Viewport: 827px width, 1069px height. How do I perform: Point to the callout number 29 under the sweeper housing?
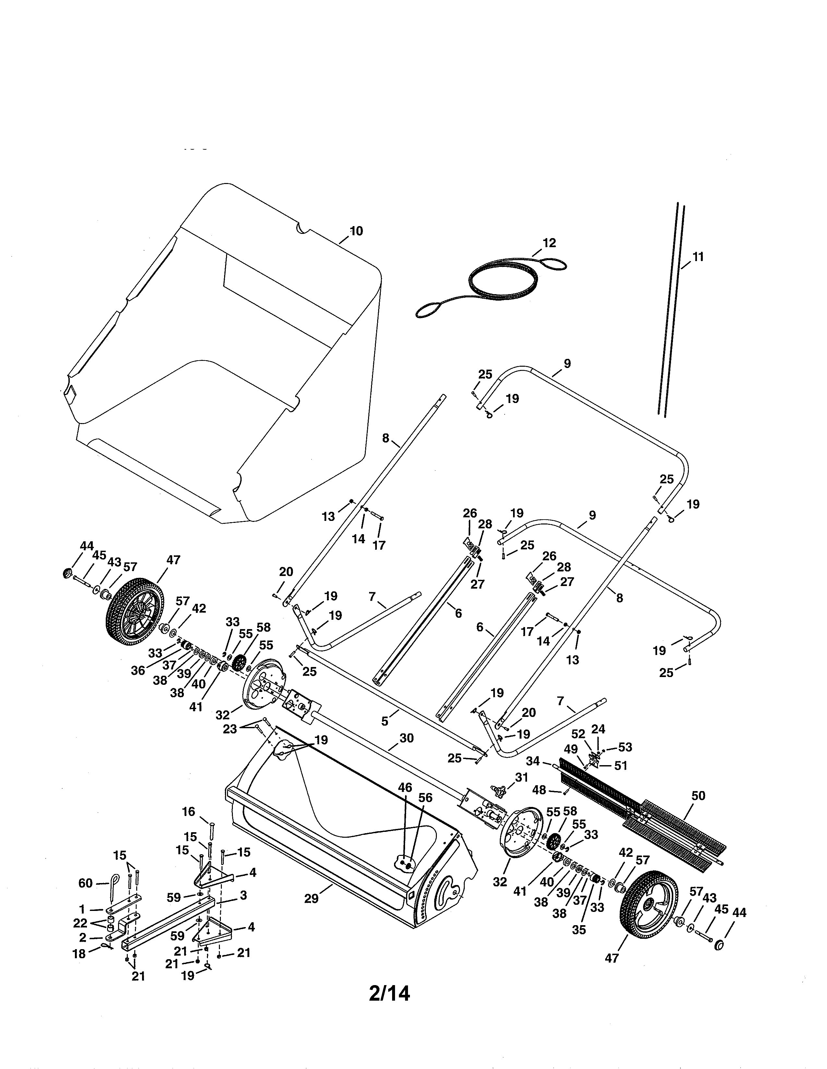pyautogui.click(x=311, y=899)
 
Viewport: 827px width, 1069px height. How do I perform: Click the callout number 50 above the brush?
pyautogui.click(x=698, y=796)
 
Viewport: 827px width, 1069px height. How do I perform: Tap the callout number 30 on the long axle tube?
pyautogui.click(x=407, y=738)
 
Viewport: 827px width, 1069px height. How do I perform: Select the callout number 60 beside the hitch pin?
pyautogui.click(x=85, y=883)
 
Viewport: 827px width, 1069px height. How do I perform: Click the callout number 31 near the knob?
pyautogui.click(x=522, y=777)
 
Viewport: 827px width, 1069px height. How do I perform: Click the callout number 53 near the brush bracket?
pyautogui.click(x=625, y=747)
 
